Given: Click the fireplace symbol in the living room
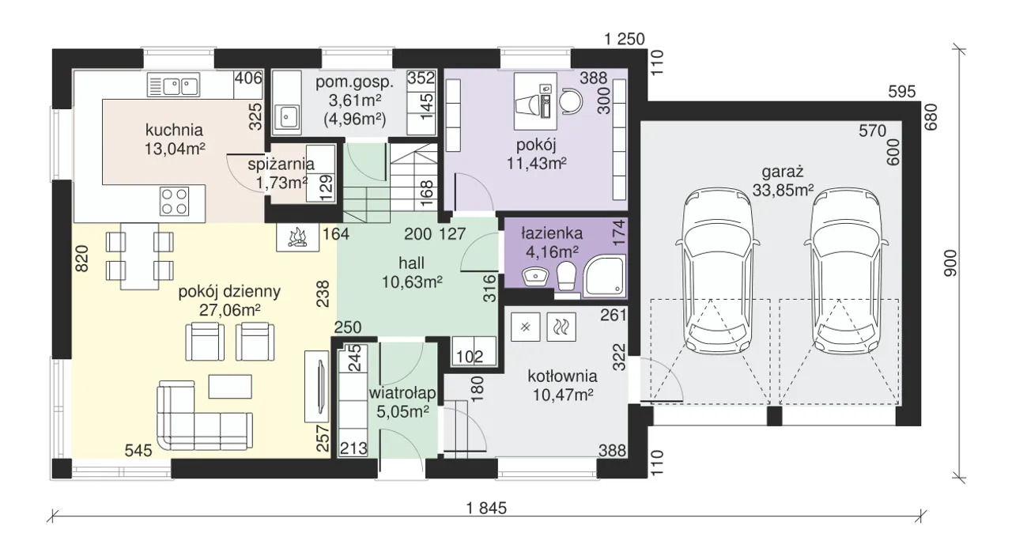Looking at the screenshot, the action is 298,237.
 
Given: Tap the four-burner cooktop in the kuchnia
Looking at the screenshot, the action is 174,201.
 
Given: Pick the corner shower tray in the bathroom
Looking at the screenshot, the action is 605,276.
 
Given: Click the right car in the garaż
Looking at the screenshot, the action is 846,270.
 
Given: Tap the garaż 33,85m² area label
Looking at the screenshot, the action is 783,181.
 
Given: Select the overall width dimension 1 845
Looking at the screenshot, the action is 486,508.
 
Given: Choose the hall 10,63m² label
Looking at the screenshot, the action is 412,272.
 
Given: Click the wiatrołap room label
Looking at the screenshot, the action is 402,393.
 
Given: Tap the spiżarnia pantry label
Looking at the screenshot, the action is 281,164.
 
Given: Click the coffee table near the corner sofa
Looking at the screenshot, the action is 230,387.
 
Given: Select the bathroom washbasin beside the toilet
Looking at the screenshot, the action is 535,276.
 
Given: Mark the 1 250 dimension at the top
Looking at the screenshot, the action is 625,40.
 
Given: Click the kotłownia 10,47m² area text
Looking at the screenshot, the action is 562,386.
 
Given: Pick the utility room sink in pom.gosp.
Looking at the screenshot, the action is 285,117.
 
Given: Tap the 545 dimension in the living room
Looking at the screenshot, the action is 138,450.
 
